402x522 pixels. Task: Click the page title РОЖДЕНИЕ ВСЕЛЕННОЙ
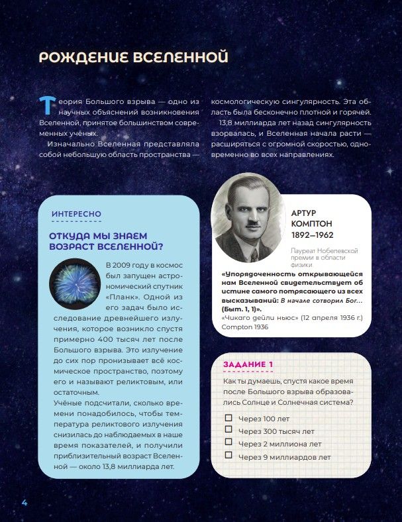[134, 57]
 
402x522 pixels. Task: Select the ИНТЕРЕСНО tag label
[77, 214]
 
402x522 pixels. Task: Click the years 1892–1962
[312, 235]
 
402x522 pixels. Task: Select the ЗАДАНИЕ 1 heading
[248, 364]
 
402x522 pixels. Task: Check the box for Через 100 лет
[228, 418]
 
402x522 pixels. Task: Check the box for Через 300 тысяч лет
[228, 431]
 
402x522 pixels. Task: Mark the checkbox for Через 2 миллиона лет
[228, 443]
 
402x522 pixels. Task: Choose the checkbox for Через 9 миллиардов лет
[228, 455]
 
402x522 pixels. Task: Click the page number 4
[24, 501]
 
